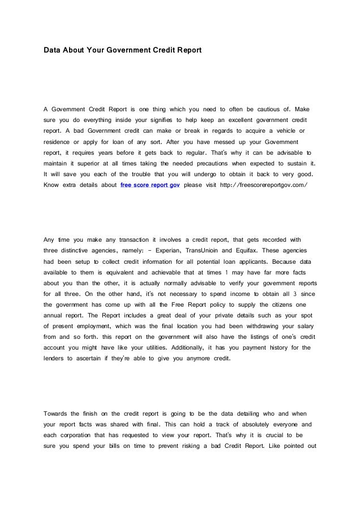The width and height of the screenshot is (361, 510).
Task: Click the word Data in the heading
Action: click(53, 51)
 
